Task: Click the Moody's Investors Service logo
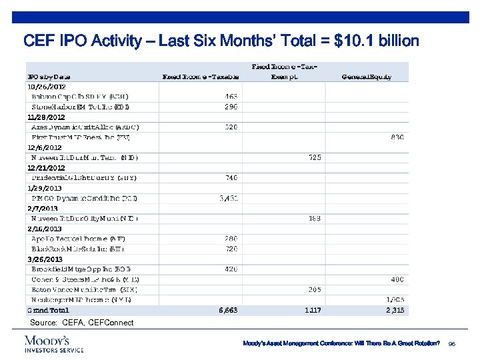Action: pyautogui.click(x=53, y=343)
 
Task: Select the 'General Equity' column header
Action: pyautogui.click(x=366, y=77)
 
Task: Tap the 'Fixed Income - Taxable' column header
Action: pyautogui.click(x=201, y=77)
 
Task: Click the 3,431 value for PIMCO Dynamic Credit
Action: pyautogui.click(x=229, y=198)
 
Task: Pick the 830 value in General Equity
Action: pyautogui.click(x=397, y=137)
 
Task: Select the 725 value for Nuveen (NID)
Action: pyautogui.click(x=315, y=157)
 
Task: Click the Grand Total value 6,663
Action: pyautogui.click(x=228, y=310)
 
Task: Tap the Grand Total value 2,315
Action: pyautogui.click(x=396, y=310)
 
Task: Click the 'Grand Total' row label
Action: pyautogui.click(x=47, y=310)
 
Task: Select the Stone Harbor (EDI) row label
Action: pyautogui.click(x=81, y=107)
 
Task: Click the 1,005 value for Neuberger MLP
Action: pyautogui.click(x=396, y=300)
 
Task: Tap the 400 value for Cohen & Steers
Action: pyautogui.click(x=397, y=279)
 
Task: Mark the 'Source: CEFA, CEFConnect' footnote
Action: pyautogui.click(x=81, y=323)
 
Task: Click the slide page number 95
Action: pyautogui.click(x=452, y=343)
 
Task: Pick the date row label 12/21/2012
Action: pyautogui.click(x=46, y=168)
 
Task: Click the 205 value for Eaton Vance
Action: pyautogui.click(x=315, y=289)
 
